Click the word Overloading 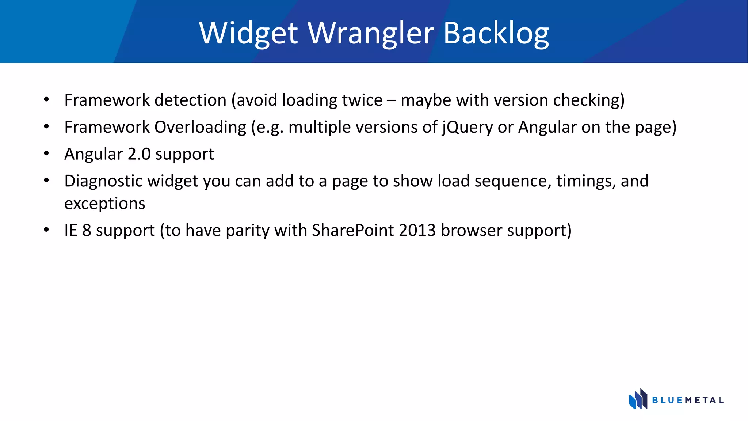point(200,127)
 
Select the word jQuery point(467,128)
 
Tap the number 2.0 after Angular point(139,154)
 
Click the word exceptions point(104,204)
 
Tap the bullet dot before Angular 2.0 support point(46,154)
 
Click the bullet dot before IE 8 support point(46,230)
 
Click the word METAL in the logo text point(704,400)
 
